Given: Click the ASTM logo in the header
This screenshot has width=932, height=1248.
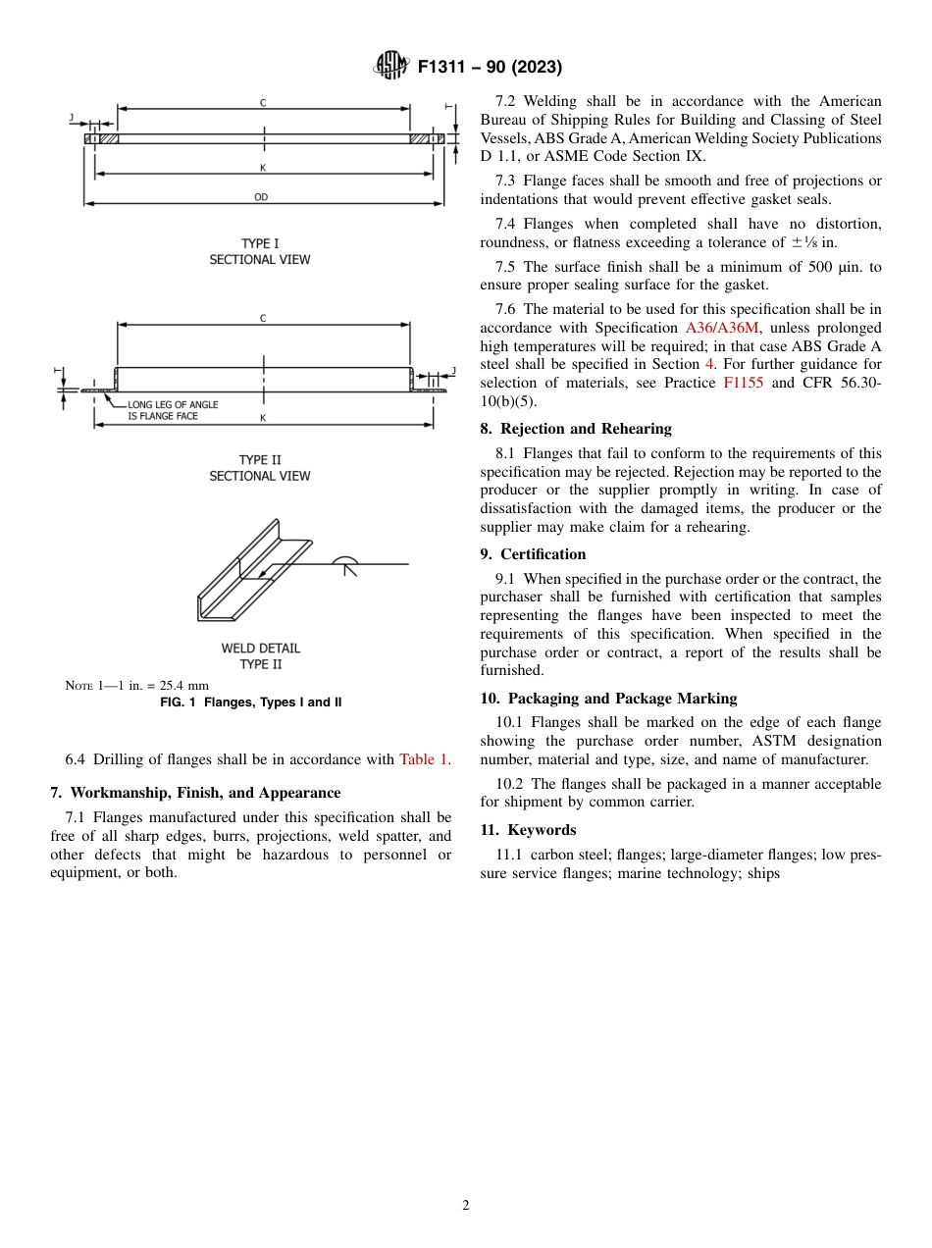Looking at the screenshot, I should pos(392,67).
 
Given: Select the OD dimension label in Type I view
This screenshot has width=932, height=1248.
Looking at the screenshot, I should pos(261,197).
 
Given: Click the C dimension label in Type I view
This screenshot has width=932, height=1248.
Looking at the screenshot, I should pos(263,102).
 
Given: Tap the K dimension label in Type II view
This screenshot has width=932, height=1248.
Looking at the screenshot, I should pos(263,418).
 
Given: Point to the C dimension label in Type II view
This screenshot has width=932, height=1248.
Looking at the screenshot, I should pos(263,318).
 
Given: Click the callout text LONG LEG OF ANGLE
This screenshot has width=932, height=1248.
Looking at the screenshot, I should pos(173,404).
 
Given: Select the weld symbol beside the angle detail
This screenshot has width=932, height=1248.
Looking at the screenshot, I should pos(345,564).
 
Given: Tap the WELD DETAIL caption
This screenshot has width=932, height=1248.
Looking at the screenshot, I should pos(261,649).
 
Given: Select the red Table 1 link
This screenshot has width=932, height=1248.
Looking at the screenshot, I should pos(424,759).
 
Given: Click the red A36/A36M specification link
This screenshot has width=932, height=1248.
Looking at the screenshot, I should pos(721,328).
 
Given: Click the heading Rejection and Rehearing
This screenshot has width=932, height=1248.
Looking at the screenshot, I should pos(586,429).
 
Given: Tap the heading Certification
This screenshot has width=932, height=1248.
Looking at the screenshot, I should pos(543,554).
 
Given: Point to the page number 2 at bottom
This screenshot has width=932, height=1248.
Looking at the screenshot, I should pos(466,1206).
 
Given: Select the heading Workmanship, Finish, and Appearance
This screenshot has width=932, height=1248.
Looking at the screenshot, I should pos(195,793).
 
